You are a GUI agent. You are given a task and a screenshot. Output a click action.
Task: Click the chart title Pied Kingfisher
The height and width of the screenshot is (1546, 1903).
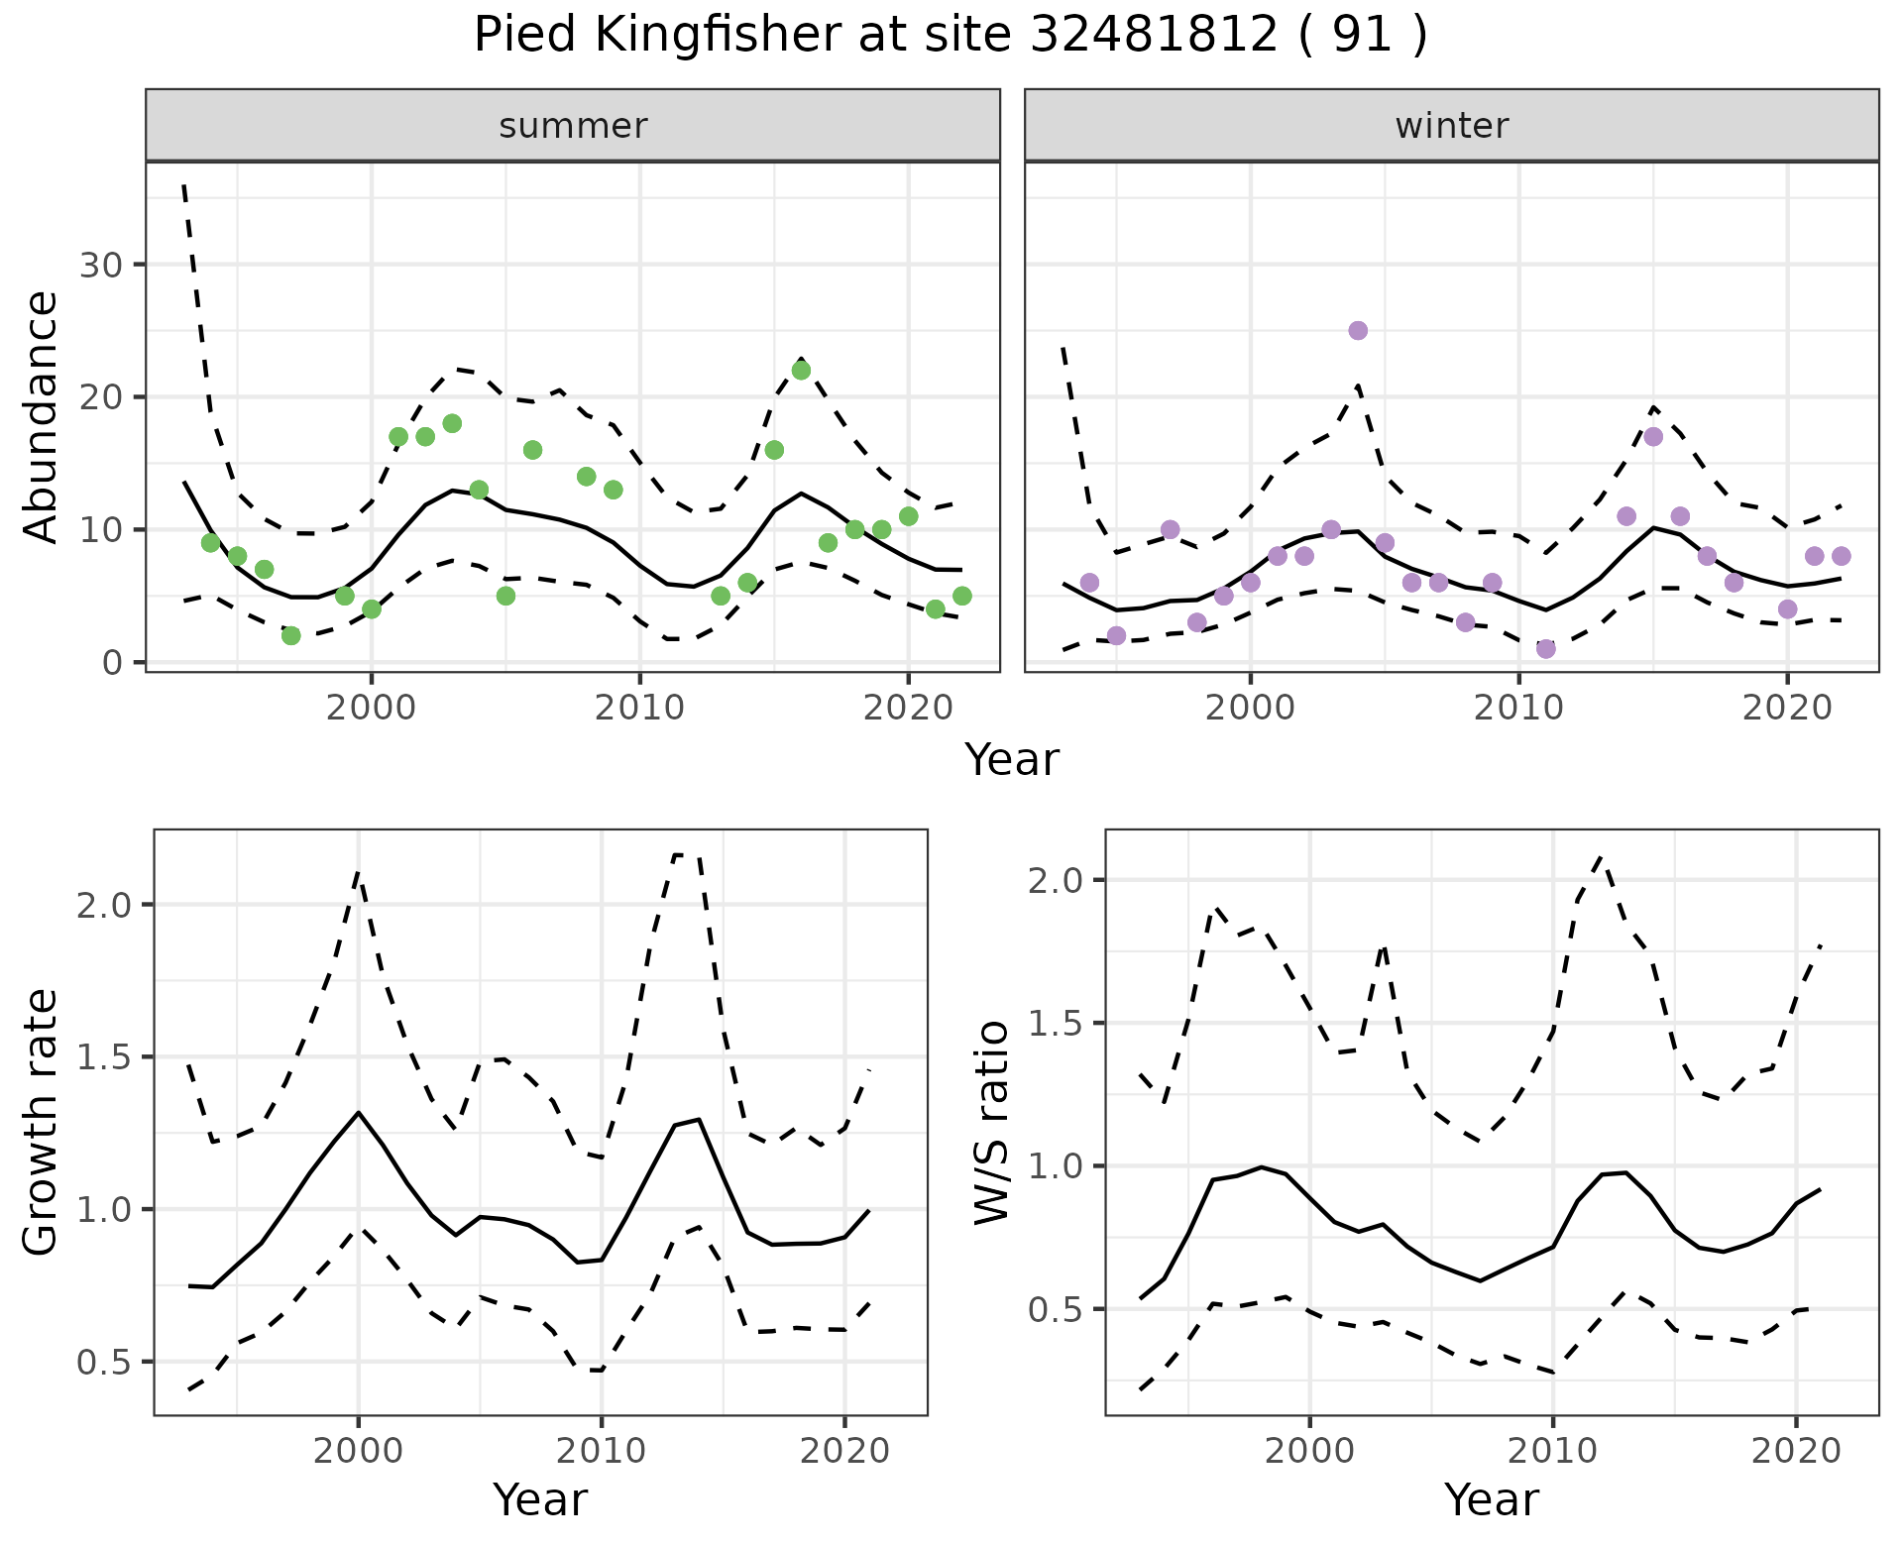(x=950, y=36)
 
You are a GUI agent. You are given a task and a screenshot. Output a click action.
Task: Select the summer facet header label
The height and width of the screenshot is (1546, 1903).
(x=573, y=126)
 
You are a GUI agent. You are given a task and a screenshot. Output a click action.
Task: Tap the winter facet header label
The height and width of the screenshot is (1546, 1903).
(x=1451, y=126)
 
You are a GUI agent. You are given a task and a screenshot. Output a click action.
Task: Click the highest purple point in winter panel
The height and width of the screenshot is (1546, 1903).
(x=1358, y=331)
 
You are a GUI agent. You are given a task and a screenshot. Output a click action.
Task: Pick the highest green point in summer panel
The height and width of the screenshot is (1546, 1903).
(x=801, y=371)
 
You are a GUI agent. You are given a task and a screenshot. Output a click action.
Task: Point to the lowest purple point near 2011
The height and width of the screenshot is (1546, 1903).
(x=1545, y=649)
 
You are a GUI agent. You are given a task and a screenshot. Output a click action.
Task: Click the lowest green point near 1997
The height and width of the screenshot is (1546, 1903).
(x=290, y=635)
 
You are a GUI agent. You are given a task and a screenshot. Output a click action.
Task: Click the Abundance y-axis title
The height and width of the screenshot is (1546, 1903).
(x=42, y=417)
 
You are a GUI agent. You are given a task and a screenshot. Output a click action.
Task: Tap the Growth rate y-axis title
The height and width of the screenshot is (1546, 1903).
(x=42, y=1123)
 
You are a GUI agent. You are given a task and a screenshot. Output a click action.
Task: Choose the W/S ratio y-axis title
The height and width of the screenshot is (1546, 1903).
(x=992, y=1123)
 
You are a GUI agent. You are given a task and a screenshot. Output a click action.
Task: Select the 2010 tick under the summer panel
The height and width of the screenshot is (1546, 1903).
(x=639, y=708)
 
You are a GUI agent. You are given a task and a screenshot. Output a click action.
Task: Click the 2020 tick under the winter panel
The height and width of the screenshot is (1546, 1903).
(x=1787, y=708)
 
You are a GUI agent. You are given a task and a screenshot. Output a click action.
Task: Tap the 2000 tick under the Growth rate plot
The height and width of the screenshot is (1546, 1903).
(x=358, y=1451)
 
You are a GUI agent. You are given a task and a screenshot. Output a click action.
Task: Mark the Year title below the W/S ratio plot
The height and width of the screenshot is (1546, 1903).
(x=1491, y=1500)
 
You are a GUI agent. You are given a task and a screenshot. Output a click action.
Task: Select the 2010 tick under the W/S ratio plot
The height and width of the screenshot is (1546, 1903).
(x=1553, y=1451)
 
